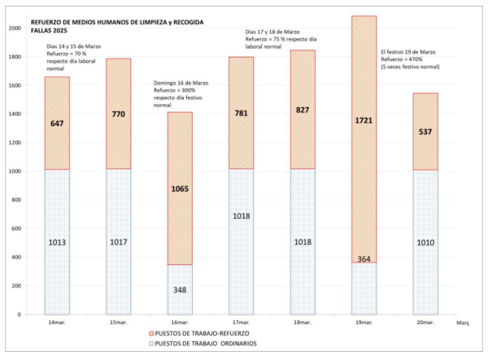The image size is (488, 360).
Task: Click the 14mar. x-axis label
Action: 57,323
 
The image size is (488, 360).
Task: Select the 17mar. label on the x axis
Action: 242,323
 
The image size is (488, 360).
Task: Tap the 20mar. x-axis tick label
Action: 426,323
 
